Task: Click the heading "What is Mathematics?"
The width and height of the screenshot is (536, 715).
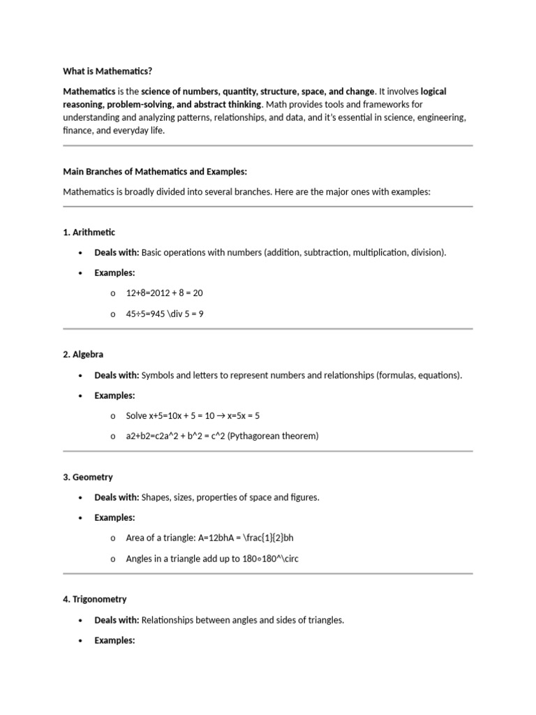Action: pos(107,71)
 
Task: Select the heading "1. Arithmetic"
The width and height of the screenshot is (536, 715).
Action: pos(89,233)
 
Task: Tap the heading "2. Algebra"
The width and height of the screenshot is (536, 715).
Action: pos(83,355)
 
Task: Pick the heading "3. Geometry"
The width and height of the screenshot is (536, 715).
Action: pos(88,477)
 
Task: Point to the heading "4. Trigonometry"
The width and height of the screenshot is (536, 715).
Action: pos(95,599)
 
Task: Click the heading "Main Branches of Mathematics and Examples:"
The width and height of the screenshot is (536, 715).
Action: pos(155,171)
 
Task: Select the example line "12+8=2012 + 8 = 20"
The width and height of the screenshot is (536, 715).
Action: pos(164,293)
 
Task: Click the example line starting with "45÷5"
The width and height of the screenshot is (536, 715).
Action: pos(165,314)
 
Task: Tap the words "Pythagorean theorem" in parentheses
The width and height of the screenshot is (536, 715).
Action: pos(275,436)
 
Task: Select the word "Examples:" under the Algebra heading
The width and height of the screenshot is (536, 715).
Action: pos(114,395)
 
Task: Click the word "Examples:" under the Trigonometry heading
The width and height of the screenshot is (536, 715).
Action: pos(114,640)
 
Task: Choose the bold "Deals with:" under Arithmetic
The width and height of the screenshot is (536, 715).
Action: pos(117,253)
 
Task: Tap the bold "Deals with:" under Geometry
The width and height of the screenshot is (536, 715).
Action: pos(117,497)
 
